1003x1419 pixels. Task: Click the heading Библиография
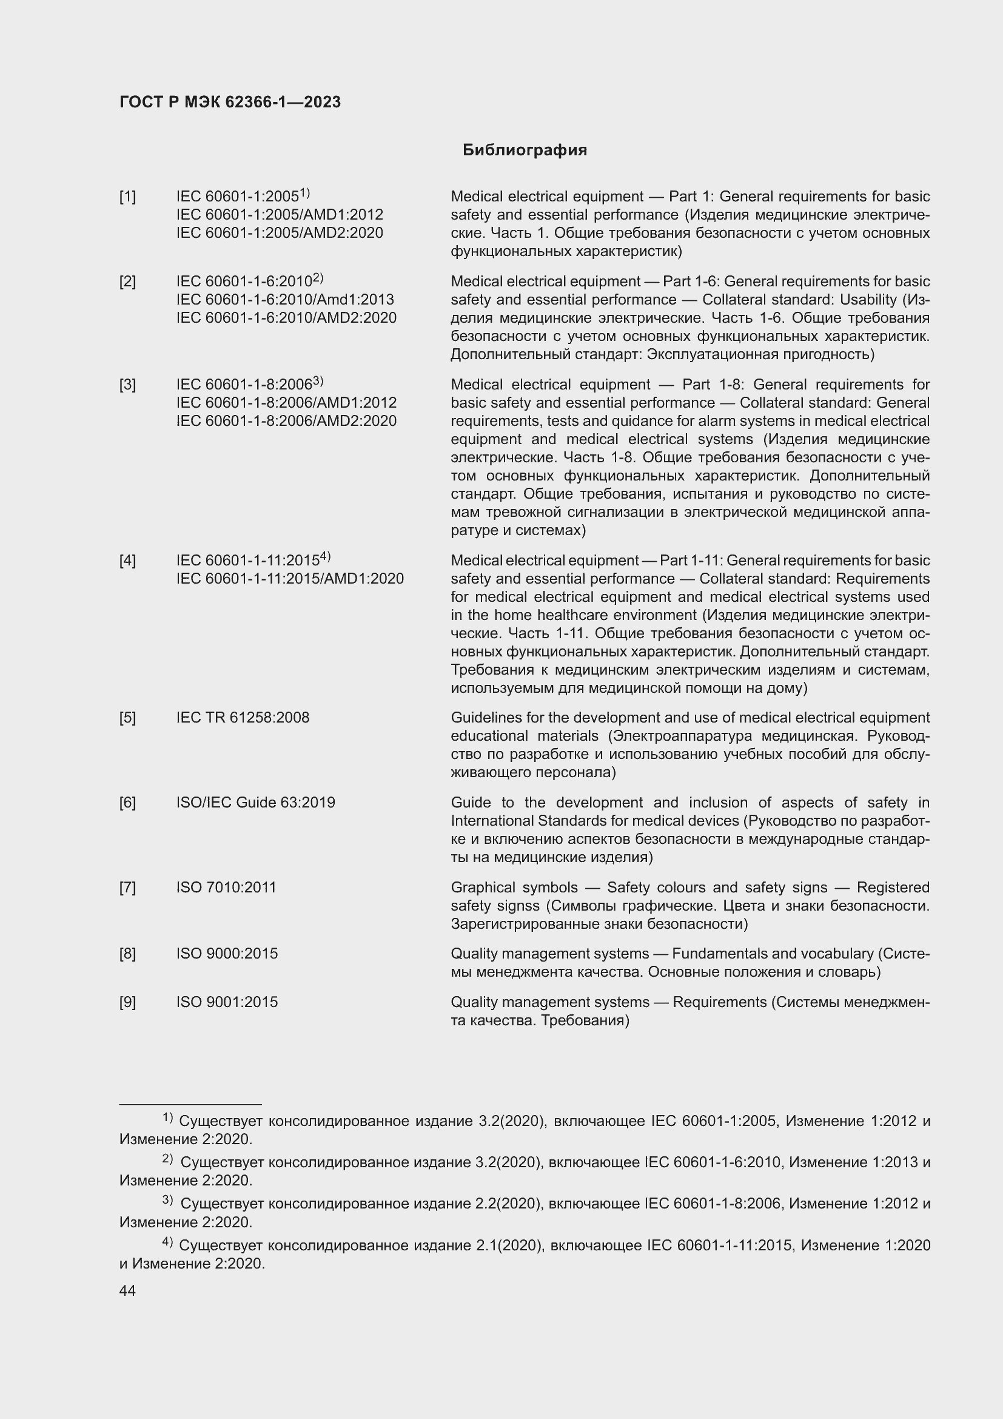coord(525,150)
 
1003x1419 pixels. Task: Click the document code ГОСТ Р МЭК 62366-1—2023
coord(230,103)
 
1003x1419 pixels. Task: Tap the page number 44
coord(127,1290)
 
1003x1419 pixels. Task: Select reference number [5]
coord(127,718)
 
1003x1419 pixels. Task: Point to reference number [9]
coord(127,1002)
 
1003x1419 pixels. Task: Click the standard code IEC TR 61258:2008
coord(243,718)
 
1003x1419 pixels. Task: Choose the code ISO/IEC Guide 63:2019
coord(256,802)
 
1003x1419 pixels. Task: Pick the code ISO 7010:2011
coord(226,888)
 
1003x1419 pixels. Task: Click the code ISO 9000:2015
coord(227,954)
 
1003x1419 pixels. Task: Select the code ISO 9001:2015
coord(227,1002)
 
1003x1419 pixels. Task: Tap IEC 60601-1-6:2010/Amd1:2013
coord(285,300)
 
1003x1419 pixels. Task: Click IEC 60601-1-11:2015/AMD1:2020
coord(290,579)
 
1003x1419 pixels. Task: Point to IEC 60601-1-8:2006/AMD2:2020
coord(286,421)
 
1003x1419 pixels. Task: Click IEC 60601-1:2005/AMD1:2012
coord(279,215)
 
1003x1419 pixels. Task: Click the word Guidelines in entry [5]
coord(479,718)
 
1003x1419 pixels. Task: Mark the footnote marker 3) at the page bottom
coord(167,1200)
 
